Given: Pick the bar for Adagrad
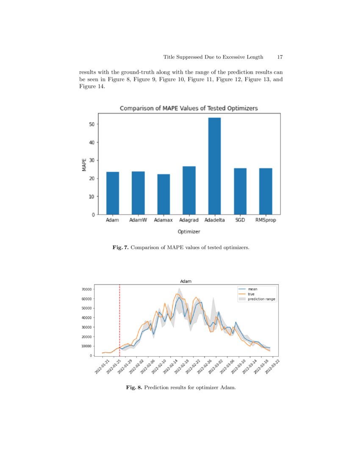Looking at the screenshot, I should point(189,190).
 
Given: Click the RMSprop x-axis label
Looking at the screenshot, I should point(266,221).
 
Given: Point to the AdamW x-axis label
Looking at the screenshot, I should point(138,221).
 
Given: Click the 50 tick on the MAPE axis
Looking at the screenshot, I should point(91,124).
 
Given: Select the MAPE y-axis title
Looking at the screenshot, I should point(84,164).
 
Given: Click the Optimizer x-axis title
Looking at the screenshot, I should point(189,232).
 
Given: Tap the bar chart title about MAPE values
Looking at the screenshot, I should point(189,108).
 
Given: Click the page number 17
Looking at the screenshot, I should point(280,57).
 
